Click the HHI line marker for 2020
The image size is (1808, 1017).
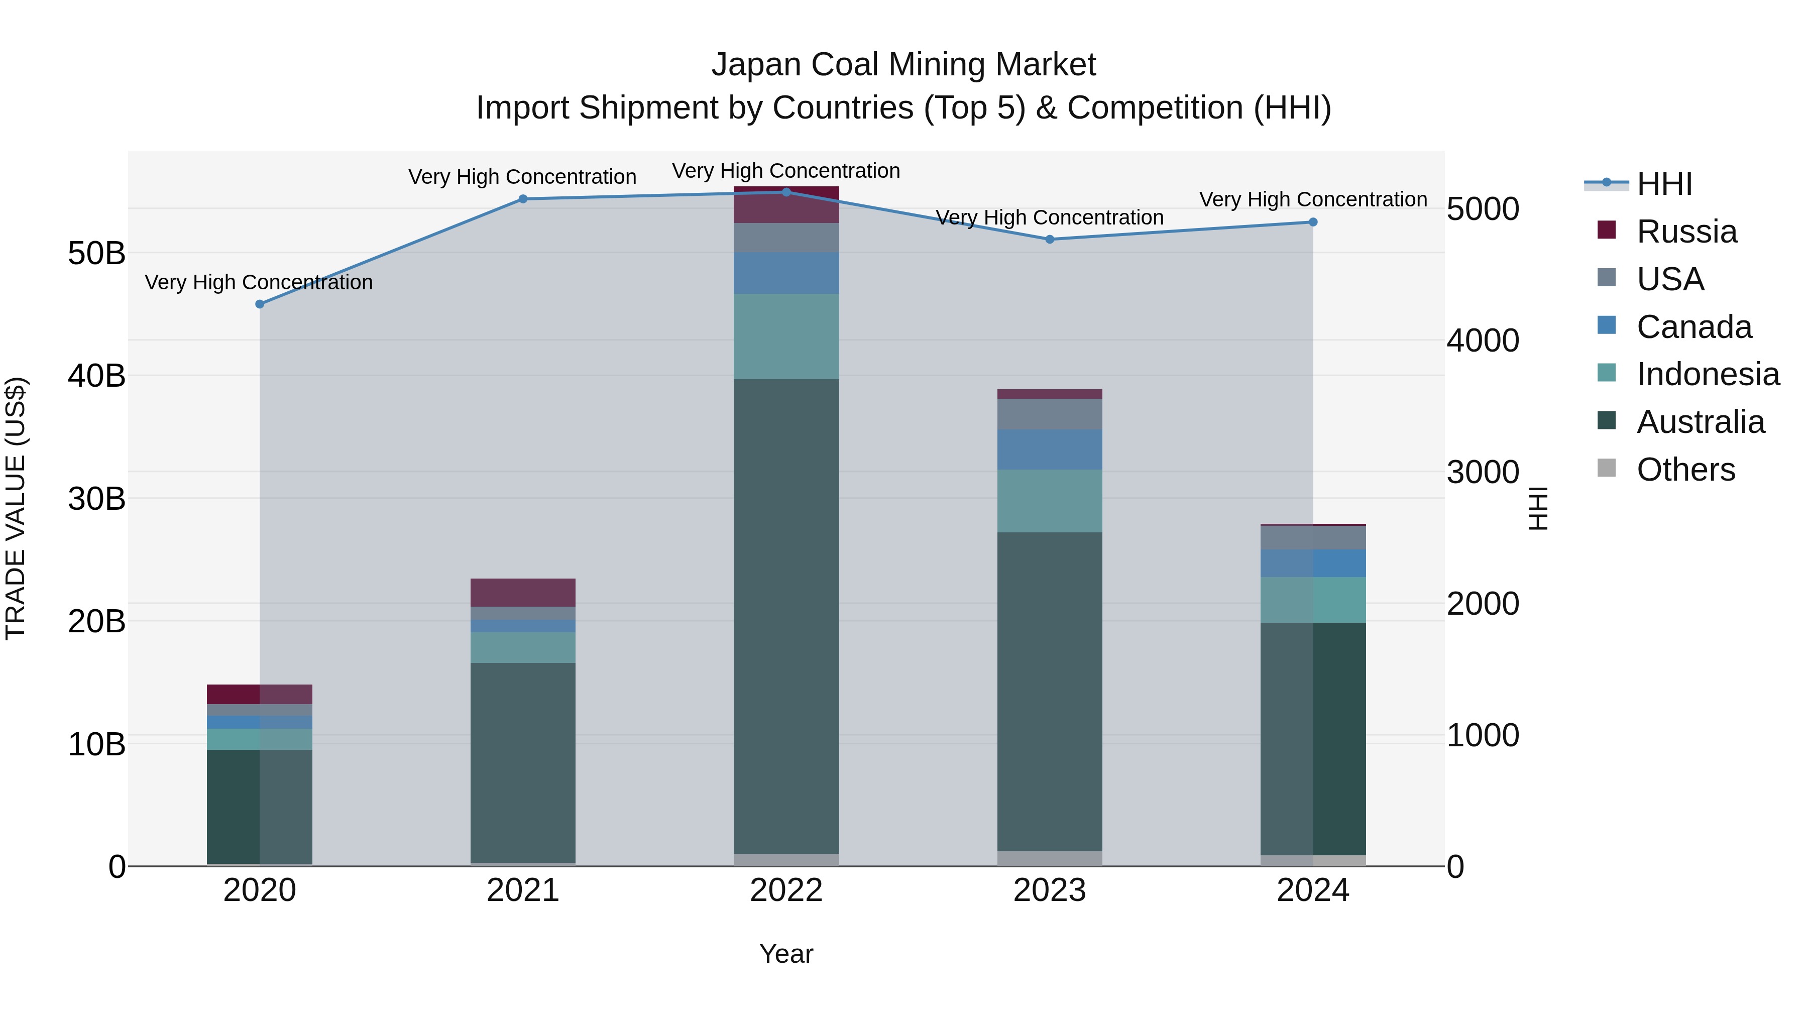[x=260, y=304]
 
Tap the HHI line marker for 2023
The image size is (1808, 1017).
[x=1050, y=240]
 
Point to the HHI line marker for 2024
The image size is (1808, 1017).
[x=1313, y=222]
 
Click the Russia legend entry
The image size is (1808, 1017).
[x=1686, y=232]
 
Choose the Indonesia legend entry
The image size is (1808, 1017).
[x=1708, y=374]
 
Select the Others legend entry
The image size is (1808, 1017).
[x=1685, y=470]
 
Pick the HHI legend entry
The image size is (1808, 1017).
[x=1664, y=184]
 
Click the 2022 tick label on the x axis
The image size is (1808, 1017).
[x=786, y=890]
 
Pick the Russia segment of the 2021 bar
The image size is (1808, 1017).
[x=523, y=593]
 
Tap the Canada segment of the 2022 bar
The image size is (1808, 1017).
[x=786, y=273]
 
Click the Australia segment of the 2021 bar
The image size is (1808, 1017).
[x=523, y=762]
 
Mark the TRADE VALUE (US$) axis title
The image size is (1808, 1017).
[x=16, y=508]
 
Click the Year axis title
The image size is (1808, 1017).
[x=786, y=954]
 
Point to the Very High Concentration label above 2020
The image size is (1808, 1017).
[x=259, y=282]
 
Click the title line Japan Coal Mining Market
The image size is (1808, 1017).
[x=903, y=65]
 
